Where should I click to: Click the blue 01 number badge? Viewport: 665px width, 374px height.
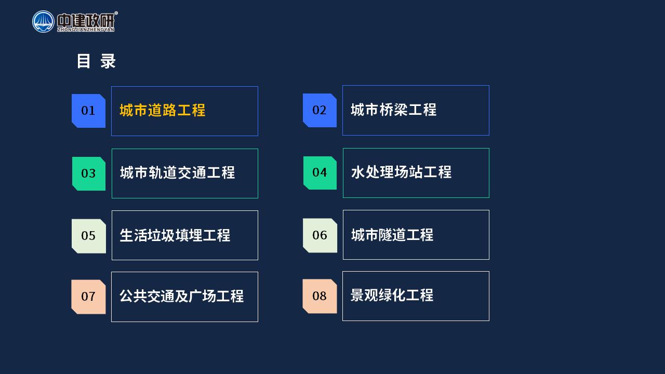point(88,111)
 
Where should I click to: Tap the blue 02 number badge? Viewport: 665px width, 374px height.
point(320,110)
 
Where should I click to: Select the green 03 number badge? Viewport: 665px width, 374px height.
point(89,173)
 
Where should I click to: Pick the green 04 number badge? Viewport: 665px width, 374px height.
point(320,173)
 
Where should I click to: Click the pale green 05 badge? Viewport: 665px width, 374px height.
point(89,236)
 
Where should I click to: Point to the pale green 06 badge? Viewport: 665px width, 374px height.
point(320,235)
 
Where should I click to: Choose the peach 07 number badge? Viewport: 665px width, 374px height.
point(88,297)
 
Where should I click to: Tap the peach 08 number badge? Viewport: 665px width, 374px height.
point(320,296)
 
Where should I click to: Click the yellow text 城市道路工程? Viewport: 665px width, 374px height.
point(163,111)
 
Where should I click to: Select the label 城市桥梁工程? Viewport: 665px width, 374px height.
point(394,110)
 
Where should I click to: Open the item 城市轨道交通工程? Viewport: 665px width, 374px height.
point(178,173)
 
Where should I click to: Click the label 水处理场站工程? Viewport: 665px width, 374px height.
point(402,172)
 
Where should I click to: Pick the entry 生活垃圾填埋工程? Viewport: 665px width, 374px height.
point(175,235)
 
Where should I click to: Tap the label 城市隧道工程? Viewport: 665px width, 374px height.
point(392,235)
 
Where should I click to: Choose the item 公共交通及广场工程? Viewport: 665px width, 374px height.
point(182,296)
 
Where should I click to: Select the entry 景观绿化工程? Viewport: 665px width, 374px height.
point(392,296)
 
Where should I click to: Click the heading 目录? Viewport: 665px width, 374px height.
point(96,61)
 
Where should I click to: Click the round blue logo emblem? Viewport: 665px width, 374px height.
point(43,22)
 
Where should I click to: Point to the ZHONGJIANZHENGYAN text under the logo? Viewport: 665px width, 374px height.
point(86,30)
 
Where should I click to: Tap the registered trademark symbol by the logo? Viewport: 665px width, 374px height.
point(116,13)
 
